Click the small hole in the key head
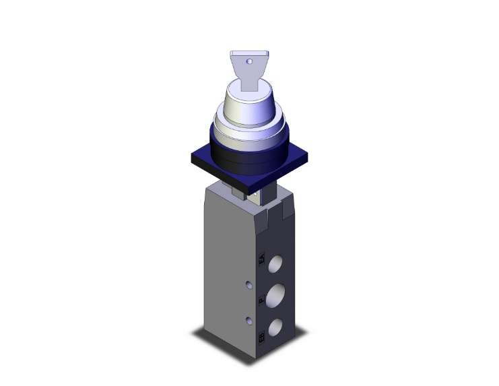click(x=249, y=61)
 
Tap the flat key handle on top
click(x=248, y=67)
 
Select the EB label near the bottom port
click(x=261, y=334)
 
